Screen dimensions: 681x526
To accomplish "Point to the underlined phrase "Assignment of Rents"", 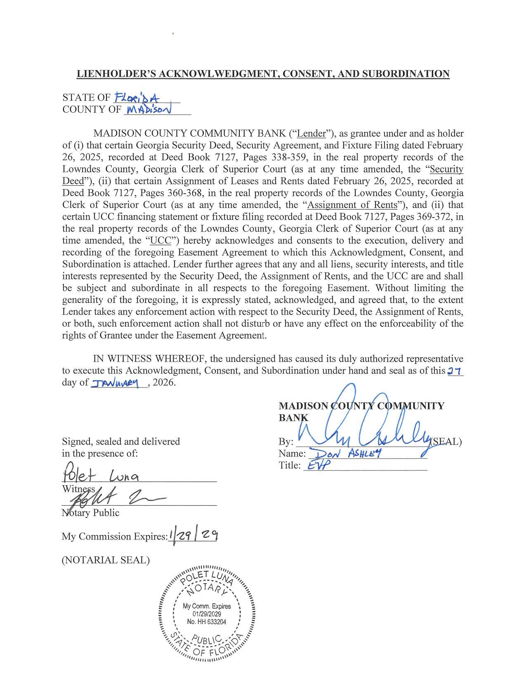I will click(352, 205).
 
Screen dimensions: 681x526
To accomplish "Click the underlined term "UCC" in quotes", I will click(161, 241).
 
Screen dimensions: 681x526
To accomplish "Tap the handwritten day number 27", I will click(455, 371).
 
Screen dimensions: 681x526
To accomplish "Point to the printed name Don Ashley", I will click(347, 454).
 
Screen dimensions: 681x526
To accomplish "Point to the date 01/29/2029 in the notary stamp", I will click(207, 614).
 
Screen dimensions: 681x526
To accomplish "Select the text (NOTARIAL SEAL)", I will click(106, 560).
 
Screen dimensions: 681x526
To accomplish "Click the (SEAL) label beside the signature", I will click(447, 442).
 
